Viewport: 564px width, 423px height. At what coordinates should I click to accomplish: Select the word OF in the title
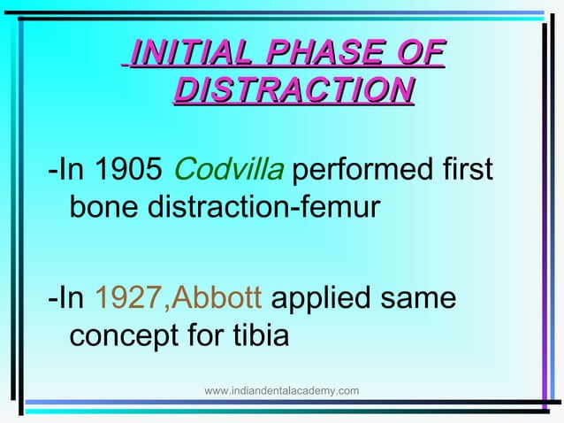[421, 53]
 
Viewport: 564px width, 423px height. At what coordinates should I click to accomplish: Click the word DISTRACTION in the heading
[294, 90]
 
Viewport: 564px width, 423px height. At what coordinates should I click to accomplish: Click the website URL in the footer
[281, 390]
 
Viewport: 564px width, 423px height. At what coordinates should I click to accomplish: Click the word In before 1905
[70, 167]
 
